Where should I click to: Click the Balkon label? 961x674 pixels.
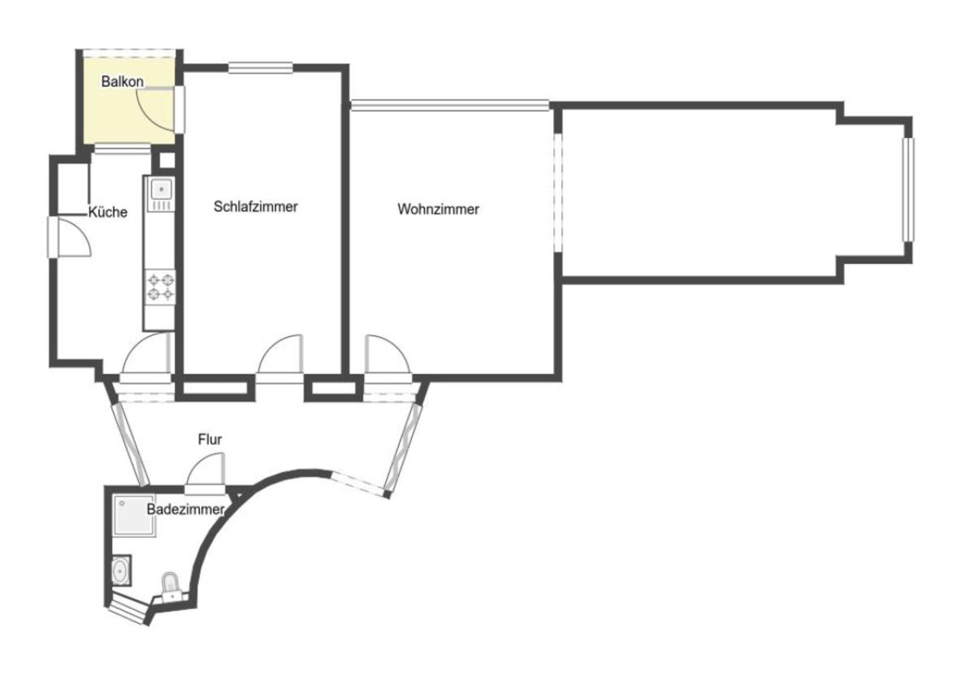(x=123, y=81)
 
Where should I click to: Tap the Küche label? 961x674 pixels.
(x=108, y=212)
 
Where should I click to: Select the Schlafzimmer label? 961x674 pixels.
(x=256, y=206)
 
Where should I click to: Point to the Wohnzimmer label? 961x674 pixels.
(x=438, y=209)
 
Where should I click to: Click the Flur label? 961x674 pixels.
(x=210, y=439)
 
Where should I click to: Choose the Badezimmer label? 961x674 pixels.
(x=186, y=510)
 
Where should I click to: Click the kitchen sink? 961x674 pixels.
(x=161, y=193)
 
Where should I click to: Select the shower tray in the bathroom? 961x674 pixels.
(x=133, y=516)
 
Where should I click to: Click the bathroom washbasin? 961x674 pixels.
(x=121, y=571)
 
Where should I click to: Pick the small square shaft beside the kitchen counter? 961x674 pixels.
(x=166, y=160)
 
